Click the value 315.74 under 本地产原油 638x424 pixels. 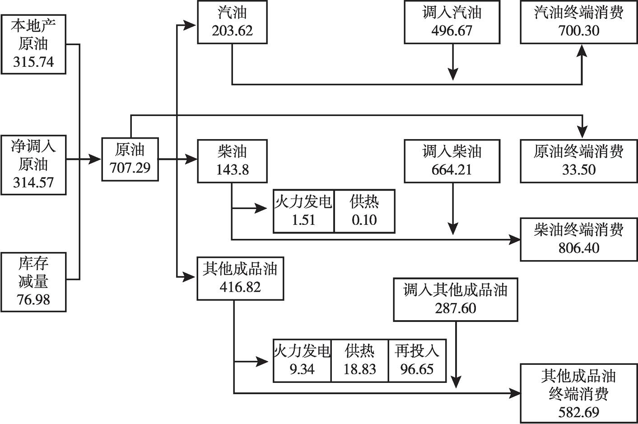pyautogui.click(x=33, y=62)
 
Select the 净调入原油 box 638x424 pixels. pyautogui.click(x=33, y=164)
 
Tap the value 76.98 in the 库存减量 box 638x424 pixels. pyautogui.click(x=33, y=299)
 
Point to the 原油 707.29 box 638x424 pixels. pyautogui.click(x=130, y=159)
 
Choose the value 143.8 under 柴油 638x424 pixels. pyautogui.click(x=232, y=170)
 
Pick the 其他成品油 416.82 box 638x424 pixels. pyautogui.click(x=240, y=278)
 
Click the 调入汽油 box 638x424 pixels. pyautogui.click(x=452, y=22)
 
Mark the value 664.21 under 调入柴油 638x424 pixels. pyautogui.click(x=452, y=170)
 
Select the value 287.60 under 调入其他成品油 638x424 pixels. pyautogui.click(x=455, y=308)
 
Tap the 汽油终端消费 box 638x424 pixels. pyautogui.click(x=578, y=22)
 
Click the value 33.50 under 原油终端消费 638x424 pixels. pyautogui.click(x=578, y=170)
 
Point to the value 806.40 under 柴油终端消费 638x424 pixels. pyautogui.click(x=578, y=248)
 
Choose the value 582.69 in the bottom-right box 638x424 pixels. pyautogui.click(x=578, y=412)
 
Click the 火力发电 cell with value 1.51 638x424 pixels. pyautogui.click(x=303, y=211)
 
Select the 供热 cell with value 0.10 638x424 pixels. pyautogui.click(x=364, y=211)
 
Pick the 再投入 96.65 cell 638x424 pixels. pyautogui.click(x=417, y=360)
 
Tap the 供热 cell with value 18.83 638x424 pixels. pyautogui.click(x=359, y=360)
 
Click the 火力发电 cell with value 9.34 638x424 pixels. pyautogui.click(x=302, y=360)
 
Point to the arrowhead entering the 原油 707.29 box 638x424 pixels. pyautogui.click(x=95, y=159)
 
